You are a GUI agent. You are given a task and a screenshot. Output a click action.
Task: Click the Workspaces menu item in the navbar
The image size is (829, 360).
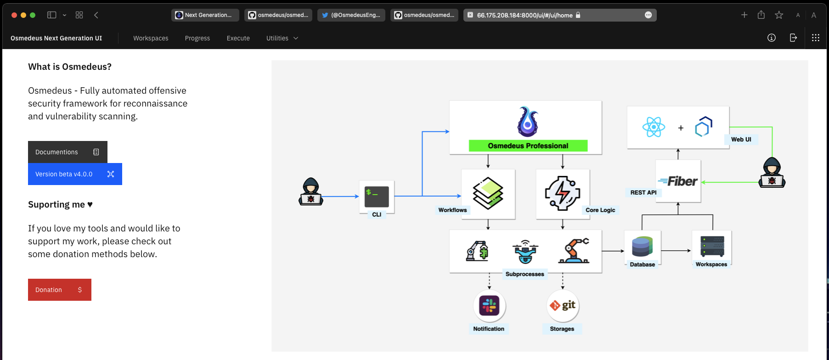151,38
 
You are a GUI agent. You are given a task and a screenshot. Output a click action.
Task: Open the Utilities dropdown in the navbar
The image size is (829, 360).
282,38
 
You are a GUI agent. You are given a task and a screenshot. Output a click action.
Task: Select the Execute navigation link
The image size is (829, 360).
238,38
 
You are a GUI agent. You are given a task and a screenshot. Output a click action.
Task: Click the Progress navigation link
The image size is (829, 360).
197,38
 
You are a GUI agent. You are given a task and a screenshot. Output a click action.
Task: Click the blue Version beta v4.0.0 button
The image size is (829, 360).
75,174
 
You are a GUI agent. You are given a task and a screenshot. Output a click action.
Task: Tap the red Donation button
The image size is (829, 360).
60,290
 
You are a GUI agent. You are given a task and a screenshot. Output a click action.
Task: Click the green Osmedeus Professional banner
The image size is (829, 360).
528,146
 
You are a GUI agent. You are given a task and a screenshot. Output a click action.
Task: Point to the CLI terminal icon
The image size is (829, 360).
377,197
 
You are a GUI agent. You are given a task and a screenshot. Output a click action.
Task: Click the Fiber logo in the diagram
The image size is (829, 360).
678,181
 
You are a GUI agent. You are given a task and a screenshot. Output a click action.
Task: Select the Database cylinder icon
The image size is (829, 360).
642,247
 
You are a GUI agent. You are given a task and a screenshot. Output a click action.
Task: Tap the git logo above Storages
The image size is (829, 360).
563,305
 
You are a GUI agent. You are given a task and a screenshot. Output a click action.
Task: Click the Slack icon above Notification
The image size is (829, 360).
489,305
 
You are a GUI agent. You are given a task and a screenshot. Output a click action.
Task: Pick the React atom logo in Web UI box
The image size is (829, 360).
654,127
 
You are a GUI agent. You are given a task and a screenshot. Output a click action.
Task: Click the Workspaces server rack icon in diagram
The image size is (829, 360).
712,246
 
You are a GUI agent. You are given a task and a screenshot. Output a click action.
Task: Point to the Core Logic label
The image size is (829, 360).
600,210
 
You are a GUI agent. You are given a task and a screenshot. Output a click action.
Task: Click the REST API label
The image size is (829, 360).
643,192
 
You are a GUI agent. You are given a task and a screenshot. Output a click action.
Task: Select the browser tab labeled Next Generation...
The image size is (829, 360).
205,15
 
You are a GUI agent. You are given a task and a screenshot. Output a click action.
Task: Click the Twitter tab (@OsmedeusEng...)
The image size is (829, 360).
351,15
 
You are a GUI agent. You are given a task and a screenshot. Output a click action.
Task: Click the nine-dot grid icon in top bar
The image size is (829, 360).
815,38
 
